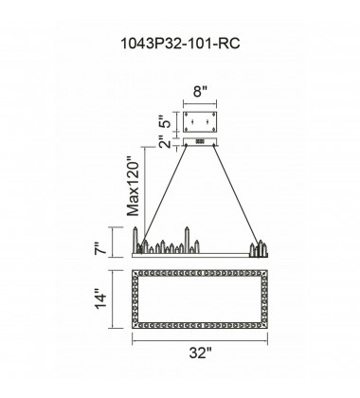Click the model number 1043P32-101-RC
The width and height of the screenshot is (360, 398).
pyautogui.click(x=180, y=44)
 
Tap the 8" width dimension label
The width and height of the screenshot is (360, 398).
pyautogui.click(x=200, y=92)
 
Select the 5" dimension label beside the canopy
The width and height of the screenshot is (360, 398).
pyautogui.click(x=167, y=120)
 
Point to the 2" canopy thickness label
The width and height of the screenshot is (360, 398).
pyautogui.click(x=165, y=141)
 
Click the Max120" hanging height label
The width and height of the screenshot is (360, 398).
pyautogui.click(x=134, y=186)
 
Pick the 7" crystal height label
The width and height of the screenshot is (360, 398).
pyautogui.click(x=101, y=248)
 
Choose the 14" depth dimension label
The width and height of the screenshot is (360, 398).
pyautogui.click(x=101, y=300)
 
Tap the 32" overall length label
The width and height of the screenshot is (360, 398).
pyautogui.click(x=200, y=353)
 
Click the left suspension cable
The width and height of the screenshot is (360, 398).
pyautogui.click(x=163, y=198)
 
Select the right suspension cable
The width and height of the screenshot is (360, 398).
pyautogui.click(x=236, y=195)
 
